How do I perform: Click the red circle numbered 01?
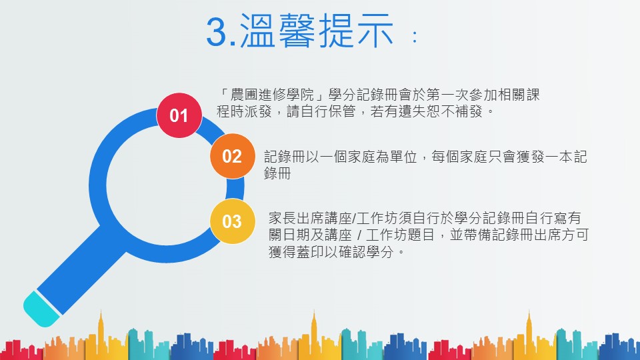(179, 115)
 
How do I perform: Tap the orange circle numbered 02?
(232, 156)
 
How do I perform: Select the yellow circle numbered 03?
(232, 221)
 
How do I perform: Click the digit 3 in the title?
(216, 32)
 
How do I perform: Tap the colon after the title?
(415, 37)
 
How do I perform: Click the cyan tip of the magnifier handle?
(41, 309)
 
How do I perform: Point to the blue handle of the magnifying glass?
(81, 270)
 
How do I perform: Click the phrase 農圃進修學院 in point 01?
(272, 95)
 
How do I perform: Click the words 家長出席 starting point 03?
(296, 218)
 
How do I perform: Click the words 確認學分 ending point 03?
(366, 252)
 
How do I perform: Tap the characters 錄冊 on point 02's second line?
(277, 173)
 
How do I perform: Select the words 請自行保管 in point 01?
(321, 111)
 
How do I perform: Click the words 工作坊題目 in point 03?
(400, 235)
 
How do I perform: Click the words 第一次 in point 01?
(447, 95)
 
